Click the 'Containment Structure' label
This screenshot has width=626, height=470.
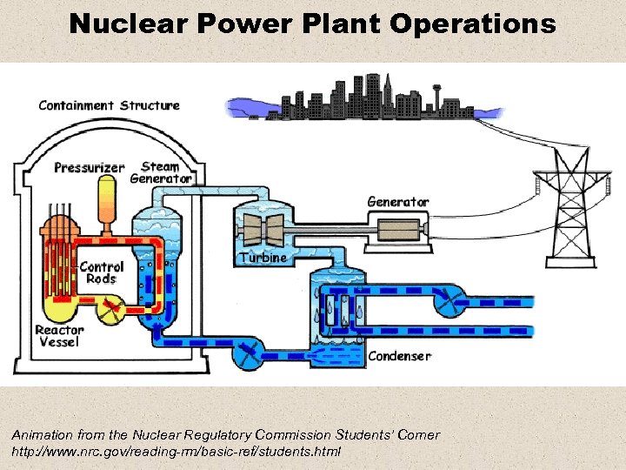109,106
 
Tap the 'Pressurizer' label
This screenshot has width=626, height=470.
90,167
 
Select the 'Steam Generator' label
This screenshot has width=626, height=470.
160,172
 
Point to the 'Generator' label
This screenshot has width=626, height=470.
397,202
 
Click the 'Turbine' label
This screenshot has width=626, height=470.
262,258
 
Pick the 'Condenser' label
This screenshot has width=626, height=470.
399,356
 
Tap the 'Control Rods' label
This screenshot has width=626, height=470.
102,272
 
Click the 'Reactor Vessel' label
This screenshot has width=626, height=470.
59,336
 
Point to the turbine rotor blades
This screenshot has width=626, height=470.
262,227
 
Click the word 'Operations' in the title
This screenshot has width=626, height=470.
473,23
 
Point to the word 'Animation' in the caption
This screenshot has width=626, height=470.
42,434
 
